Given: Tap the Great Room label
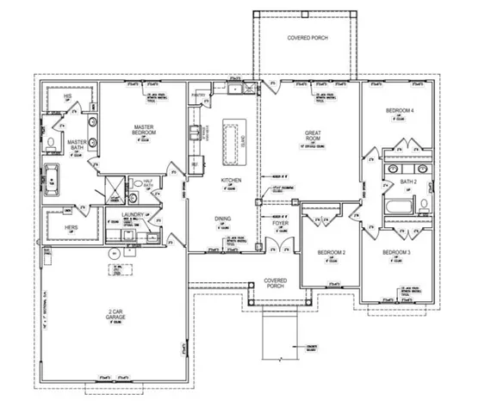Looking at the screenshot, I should click(x=313, y=134).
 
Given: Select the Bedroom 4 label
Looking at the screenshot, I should click(x=400, y=111).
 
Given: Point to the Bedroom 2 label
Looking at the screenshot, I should click(x=331, y=252).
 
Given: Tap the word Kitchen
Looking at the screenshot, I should click(x=232, y=180).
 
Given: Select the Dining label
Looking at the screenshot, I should click(x=222, y=219).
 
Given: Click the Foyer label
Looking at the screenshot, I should click(x=280, y=223).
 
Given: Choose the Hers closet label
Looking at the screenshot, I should click(x=71, y=228).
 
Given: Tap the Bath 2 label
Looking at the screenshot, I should click(x=408, y=182).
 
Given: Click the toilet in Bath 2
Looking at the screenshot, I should click(x=424, y=205).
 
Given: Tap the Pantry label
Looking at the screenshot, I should click(x=199, y=96).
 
